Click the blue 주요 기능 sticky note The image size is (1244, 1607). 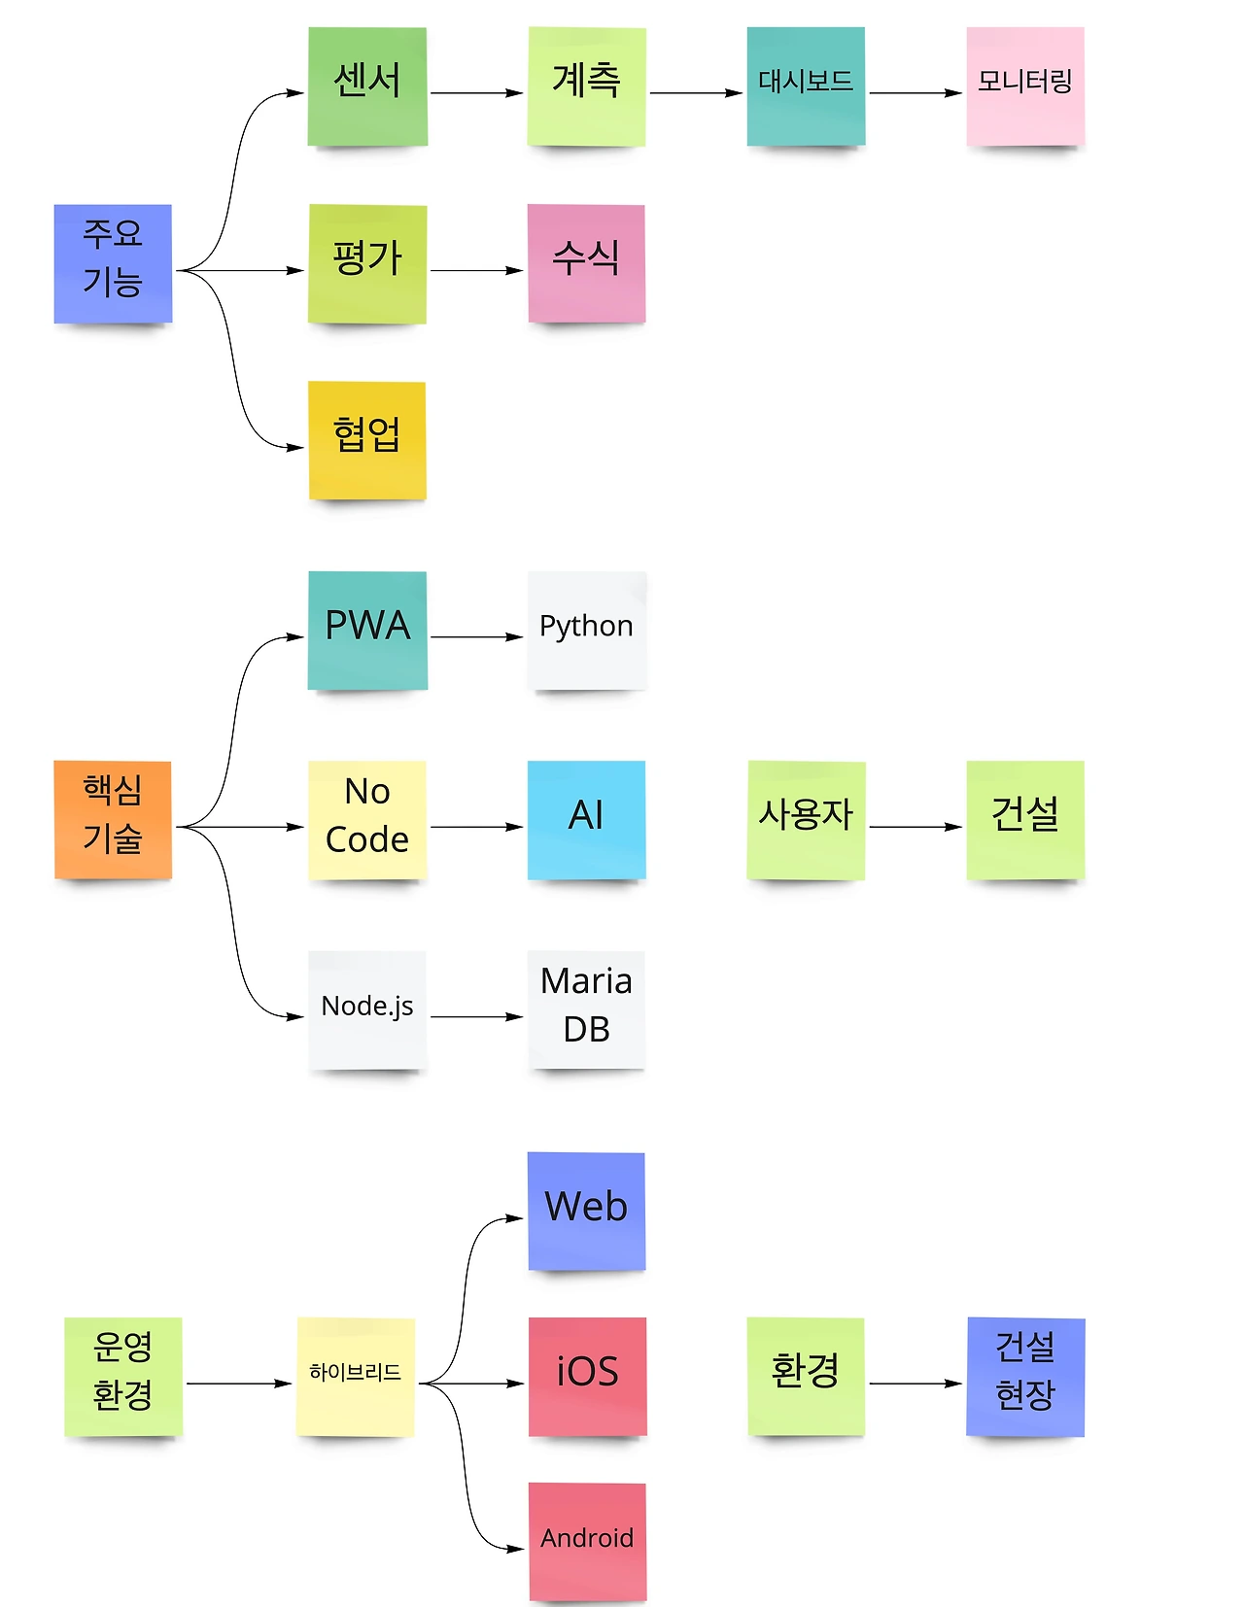coord(113,263)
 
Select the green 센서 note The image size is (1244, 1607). coord(367,86)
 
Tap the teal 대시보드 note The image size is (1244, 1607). coord(806,86)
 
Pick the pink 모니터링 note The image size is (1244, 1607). coord(1025,86)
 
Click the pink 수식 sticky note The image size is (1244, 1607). coord(586,263)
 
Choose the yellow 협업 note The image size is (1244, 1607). coord(367,440)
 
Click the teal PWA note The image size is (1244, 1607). coord(367,631)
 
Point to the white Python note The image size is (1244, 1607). coord(586,631)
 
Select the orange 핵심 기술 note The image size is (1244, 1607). coord(113,820)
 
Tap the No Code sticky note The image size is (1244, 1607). coord(367,820)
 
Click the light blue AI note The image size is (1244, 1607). coord(586,820)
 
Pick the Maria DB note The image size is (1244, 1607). coord(586,1009)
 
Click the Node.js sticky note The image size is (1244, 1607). coord(367,1009)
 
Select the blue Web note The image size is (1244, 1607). coord(586,1211)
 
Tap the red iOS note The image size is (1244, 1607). coord(587,1376)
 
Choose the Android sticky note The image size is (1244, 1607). coord(587,1541)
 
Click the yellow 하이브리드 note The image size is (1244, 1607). coord(356,1376)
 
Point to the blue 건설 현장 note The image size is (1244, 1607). coord(1025,1376)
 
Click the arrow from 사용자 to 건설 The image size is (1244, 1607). coord(915,827)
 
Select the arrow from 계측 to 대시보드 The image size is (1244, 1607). coord(696,93)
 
